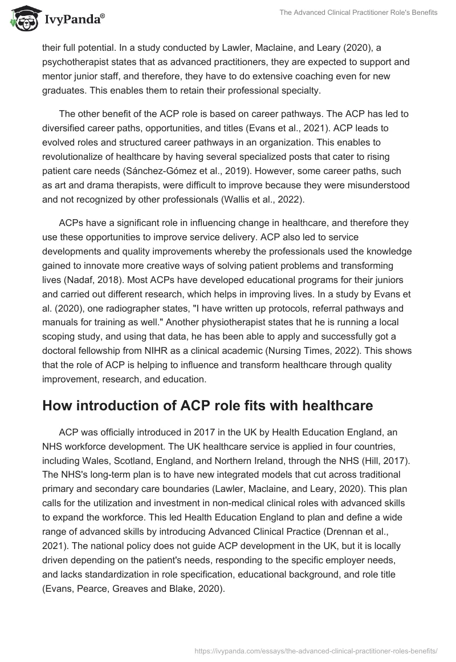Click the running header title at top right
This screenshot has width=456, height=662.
pyautogui.click(x=357, y=13)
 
